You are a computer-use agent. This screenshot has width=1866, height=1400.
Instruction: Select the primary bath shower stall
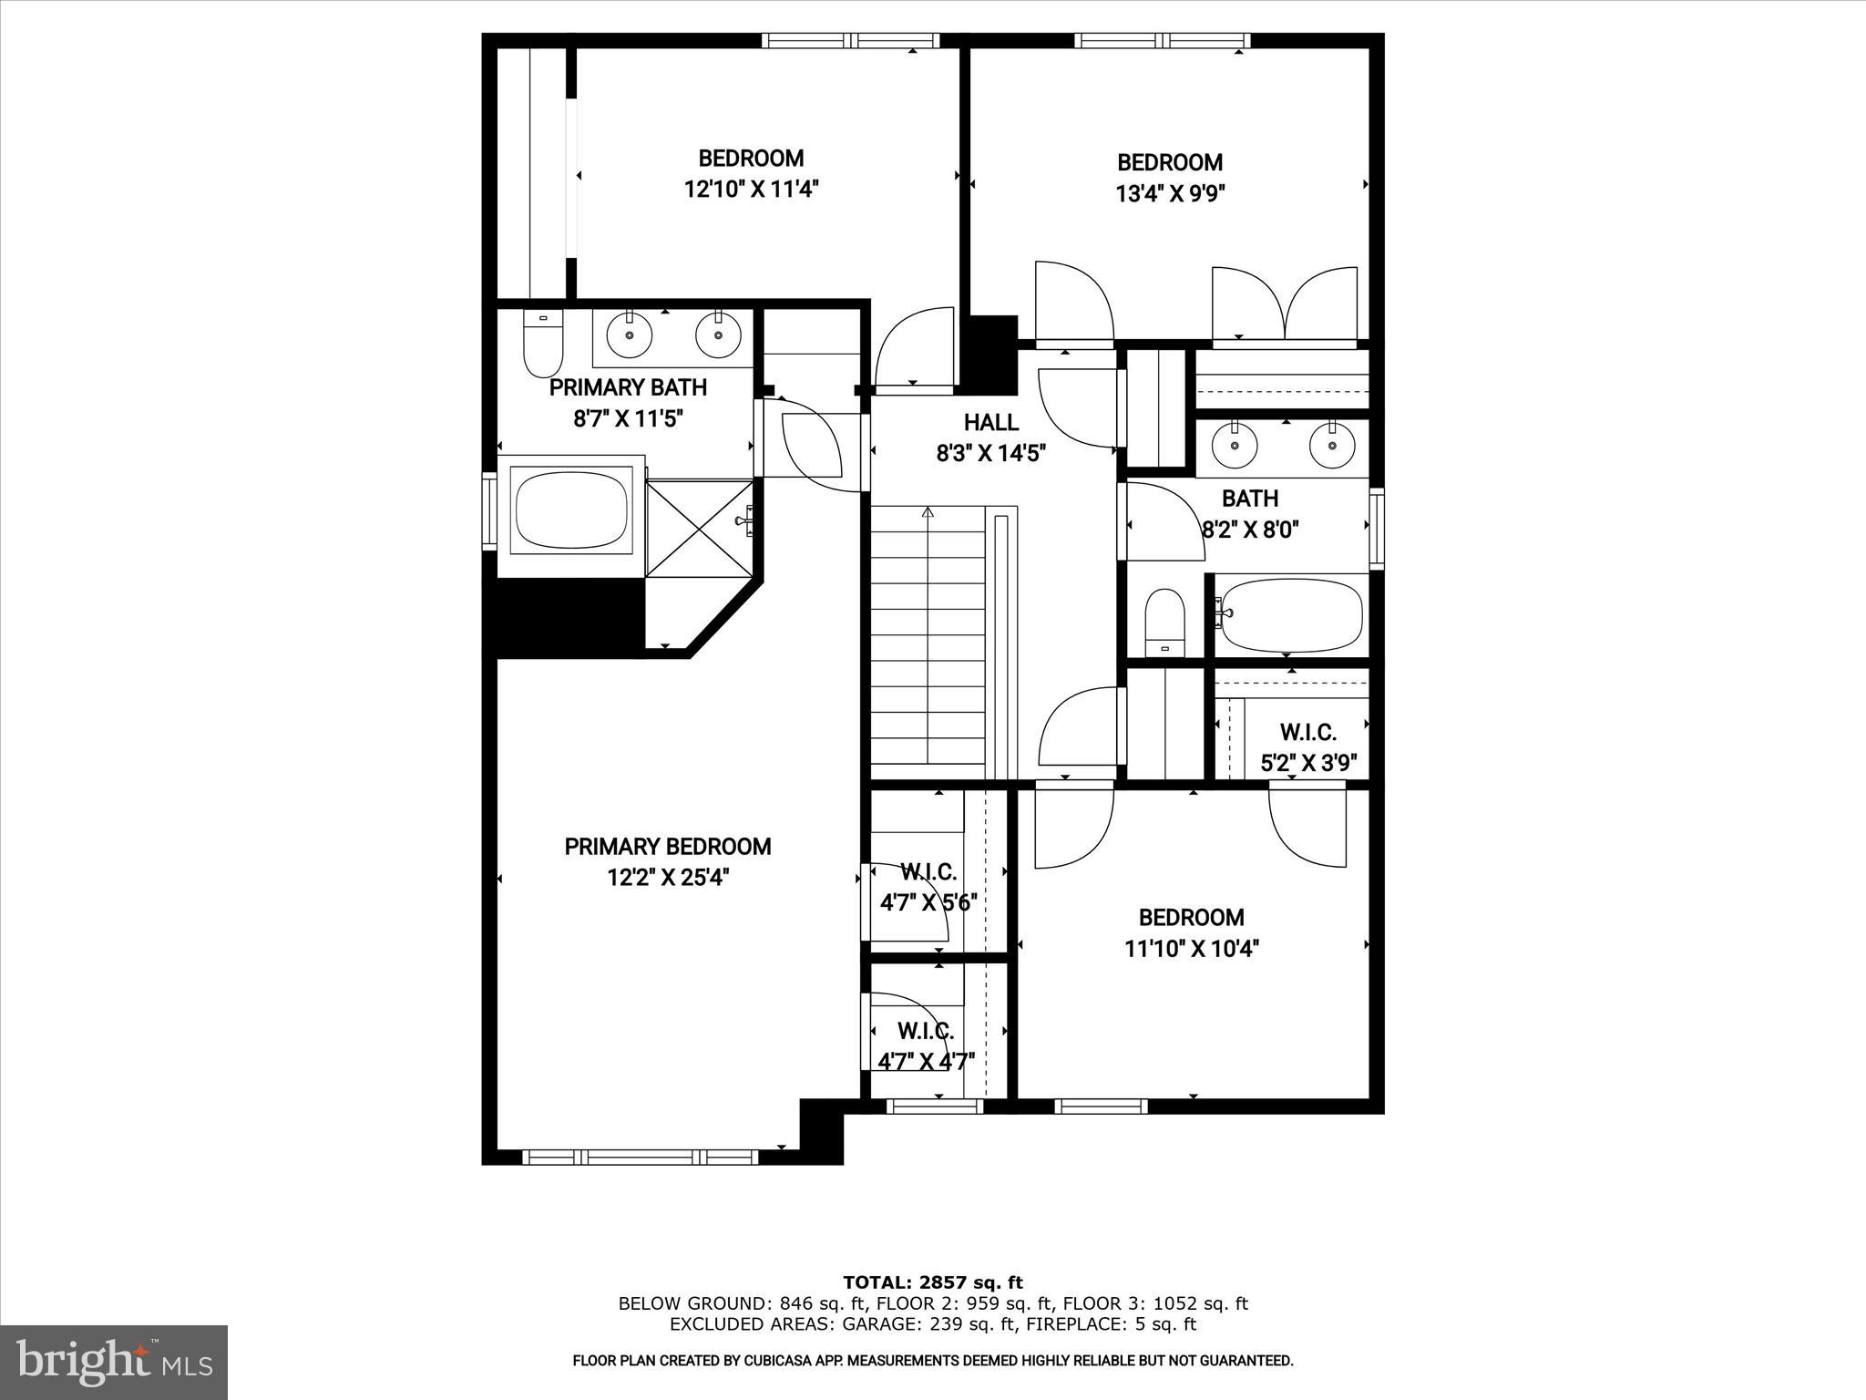point(699,529)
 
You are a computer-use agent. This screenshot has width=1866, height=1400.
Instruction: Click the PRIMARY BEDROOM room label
point(668,847)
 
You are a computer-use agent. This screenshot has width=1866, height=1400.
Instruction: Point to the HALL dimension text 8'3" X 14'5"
point(990,453)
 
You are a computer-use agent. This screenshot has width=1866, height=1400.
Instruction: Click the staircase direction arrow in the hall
point(928,513)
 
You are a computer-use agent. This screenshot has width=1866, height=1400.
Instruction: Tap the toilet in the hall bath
point(1164,622)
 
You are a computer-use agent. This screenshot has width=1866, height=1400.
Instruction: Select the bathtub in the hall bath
point(1290,615)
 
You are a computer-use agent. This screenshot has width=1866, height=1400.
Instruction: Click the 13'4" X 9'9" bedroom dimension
point(1170,193)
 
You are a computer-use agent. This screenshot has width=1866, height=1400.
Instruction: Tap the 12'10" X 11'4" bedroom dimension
point(752,190)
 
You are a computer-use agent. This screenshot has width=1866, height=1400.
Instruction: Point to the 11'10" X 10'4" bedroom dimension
point(1191,949)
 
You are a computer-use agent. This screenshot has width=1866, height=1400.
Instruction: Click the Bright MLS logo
point(114,1362)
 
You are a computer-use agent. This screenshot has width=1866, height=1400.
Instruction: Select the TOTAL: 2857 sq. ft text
point(932,1282)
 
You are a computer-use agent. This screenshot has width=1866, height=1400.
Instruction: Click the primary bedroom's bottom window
point(641,1157)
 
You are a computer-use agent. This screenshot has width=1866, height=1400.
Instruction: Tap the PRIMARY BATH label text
point(628,387)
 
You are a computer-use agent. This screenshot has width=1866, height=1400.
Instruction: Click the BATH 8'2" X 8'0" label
point(1249,513)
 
